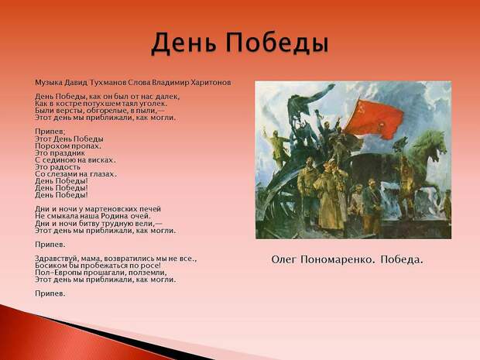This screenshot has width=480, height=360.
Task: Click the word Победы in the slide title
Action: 277,43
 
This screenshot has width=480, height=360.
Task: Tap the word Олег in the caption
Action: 284,260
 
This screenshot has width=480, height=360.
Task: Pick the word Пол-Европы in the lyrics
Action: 53,273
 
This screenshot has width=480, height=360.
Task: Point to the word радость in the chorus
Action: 65,167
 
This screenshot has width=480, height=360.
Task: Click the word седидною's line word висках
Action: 102,160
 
